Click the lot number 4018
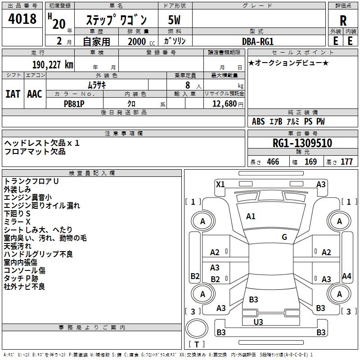(x=22, y=19)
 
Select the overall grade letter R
(x=343, y=21)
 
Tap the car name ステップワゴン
(x=116, y=20)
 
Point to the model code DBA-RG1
(x=258, y=41)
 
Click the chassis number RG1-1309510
(x=302, y=143)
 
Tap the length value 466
(x=273, y=162)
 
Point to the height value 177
(x=346, y=162)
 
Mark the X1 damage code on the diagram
(x=220, y=184)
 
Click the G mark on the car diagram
(x=284, y=237)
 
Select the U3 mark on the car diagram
(x=258, y=322)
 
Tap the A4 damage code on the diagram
(x=346, y=276)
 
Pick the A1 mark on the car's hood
(x=251, y=216)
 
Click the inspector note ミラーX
(x=17, y=222)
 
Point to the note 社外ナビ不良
(x=24, y=286)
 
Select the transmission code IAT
(x=13, y=94)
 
